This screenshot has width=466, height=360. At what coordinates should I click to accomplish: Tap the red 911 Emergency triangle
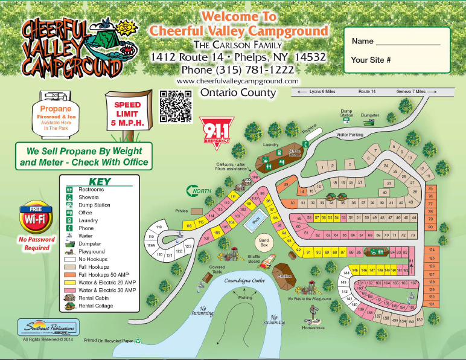pyautogui.click(x=217, y=129)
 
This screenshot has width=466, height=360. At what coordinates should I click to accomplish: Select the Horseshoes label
pyautogui.click(x=314, y=328)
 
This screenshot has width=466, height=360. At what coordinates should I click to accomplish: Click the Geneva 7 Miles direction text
pyautogui.click(x=410, y=91)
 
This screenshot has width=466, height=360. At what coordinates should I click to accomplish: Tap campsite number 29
pyautogui.click(x=286, y=185)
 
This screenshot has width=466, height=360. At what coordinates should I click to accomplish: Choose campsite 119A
pyautogui.click(x=152, y=246)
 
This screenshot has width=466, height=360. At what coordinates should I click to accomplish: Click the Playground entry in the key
pyautogui.click(x=91, y=251)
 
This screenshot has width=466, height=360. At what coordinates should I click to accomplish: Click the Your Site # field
pyautogui.click(x=371, y=60)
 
